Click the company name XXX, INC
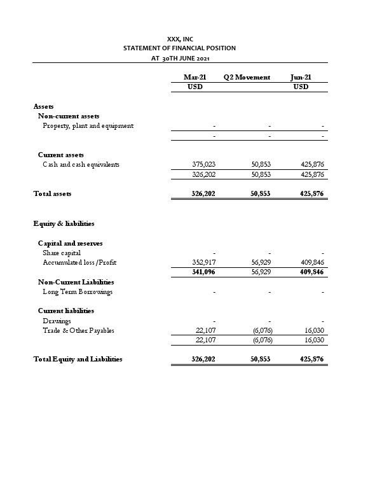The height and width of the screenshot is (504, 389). click(180, 39)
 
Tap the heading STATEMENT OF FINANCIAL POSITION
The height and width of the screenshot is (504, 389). click(179, 48)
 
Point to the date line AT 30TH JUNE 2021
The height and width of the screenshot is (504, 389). click(180, 58)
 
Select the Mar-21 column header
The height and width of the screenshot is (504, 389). click(194, 77)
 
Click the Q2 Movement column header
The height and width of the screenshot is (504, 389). click(247, 77)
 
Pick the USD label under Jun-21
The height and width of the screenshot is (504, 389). click(301, 87)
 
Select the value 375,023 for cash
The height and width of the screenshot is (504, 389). click(203, 164)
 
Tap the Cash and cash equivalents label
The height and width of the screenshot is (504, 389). click(81, 164)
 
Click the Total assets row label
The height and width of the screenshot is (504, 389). click(52, 193)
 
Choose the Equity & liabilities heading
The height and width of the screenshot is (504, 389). click(64, 223)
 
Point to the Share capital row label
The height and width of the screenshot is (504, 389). click(62, 253)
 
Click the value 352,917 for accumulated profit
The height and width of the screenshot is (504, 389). click(203, 262)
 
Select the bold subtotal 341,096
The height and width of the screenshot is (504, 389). click(203, 272)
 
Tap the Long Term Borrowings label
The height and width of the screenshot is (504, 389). click(77, 291)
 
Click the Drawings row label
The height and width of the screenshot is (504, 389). click(57, 321)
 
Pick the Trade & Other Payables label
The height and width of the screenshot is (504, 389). click(78, 330)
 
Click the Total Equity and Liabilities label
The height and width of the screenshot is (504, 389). click(78, 360)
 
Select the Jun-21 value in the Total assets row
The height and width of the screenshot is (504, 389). click(312, 193)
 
